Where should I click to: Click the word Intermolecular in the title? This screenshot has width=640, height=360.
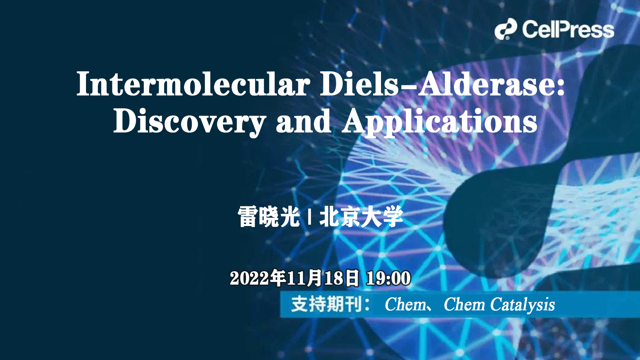193,84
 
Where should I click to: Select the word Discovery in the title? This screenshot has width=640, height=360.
189,122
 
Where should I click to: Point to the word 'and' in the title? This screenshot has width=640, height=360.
303,122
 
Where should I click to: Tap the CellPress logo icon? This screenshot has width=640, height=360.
505,29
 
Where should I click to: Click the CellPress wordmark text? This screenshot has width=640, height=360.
568,30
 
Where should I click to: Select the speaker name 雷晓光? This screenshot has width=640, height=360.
269,217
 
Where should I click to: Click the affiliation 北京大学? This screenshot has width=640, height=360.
361,217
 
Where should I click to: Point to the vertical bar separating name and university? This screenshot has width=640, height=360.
310,217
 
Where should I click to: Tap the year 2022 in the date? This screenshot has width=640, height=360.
249,278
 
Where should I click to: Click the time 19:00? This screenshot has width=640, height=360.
388,278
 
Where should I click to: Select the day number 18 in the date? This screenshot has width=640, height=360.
333,278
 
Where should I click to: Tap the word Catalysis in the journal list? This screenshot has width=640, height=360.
522,305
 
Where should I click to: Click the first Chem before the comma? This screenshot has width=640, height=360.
405,304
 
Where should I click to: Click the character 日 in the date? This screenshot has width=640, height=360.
352,278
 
